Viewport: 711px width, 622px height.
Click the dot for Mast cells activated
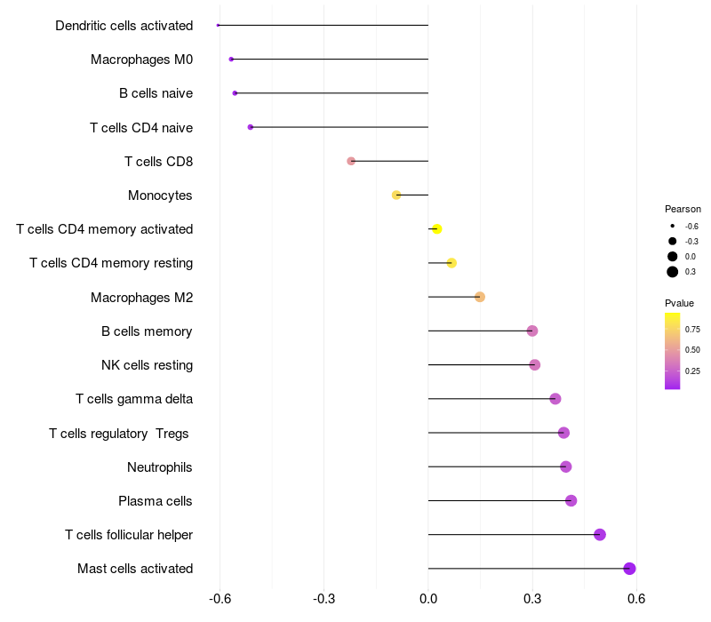click(x=629, y=569)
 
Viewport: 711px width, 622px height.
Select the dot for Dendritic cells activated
click(x=218, y=25)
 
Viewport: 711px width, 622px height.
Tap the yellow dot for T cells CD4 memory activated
click(x=436, y=229)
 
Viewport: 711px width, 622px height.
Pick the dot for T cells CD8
click(x=351, y=161)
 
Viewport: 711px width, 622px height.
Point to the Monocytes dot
click(x=396, y=195)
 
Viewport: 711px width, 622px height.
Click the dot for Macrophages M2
click(x=480, y=297)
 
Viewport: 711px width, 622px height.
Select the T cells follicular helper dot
click(x=600, y=535)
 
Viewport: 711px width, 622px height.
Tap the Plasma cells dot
click(x=571, y=501)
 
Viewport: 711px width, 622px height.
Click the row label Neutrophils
click(x=160, y=466)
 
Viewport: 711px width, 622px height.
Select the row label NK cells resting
click(x=147, y=364)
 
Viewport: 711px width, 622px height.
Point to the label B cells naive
click(x=156, y=92)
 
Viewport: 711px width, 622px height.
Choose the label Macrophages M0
click(x=141, y=59)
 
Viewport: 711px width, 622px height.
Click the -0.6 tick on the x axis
click(x=220, y=599)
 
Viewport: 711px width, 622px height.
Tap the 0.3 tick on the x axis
click(x=532, y=599)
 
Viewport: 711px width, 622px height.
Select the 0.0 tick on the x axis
click(x=428, y=599)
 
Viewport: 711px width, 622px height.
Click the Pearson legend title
click(x=683, y=209)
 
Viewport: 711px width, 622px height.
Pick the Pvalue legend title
click(x=679, y=303)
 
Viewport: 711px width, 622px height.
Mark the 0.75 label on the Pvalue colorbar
click(x=692, y=329)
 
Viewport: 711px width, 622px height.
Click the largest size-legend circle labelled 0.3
click(x=673, y=272)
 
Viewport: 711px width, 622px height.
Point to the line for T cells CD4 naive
click(x=338, y=127)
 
